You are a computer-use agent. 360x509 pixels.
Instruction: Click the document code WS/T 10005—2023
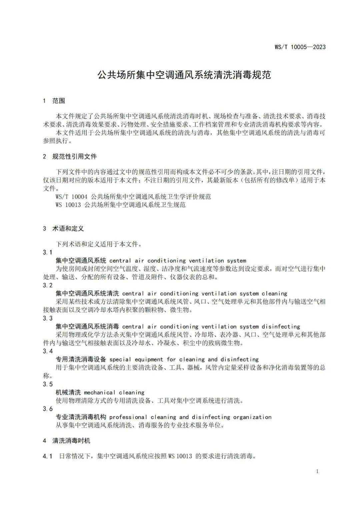pos(300,47)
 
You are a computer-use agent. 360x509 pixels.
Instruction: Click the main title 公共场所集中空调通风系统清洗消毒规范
pos(184,75)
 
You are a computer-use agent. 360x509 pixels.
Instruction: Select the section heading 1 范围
pos(54,101)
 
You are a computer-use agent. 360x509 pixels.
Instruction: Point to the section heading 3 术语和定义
pos(63,229)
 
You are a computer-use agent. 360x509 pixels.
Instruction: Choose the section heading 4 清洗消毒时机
pos(67,441)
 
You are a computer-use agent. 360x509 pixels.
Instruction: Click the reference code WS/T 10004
pos(71,197)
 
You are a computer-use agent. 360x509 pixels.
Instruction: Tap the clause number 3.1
pos(48,252)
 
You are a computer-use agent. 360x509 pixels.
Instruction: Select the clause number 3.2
pos(48,285)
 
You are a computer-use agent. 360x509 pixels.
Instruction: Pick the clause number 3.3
pos(48,318)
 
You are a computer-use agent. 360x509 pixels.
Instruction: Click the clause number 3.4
pos(48,351)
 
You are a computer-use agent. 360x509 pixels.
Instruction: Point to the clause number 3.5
pos(48,384)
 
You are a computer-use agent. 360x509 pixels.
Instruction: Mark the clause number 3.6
pos(48,409)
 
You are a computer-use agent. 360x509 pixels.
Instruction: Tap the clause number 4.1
pos(48,456)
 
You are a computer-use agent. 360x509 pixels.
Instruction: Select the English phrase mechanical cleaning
pos(114,392)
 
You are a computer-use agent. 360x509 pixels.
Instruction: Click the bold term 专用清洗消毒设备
pos(81,359)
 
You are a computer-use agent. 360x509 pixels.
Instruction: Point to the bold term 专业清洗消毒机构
pos(81,417)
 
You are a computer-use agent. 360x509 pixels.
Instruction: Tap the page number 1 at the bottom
pos(317,471)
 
